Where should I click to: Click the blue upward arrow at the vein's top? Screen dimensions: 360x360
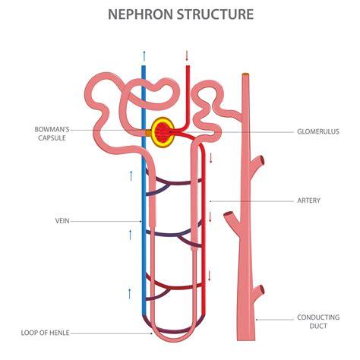[x=144, y=55]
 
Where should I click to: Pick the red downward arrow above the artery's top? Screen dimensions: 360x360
[x=187, y=55]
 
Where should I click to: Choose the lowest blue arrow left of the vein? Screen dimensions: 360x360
[x=130, y=292]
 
